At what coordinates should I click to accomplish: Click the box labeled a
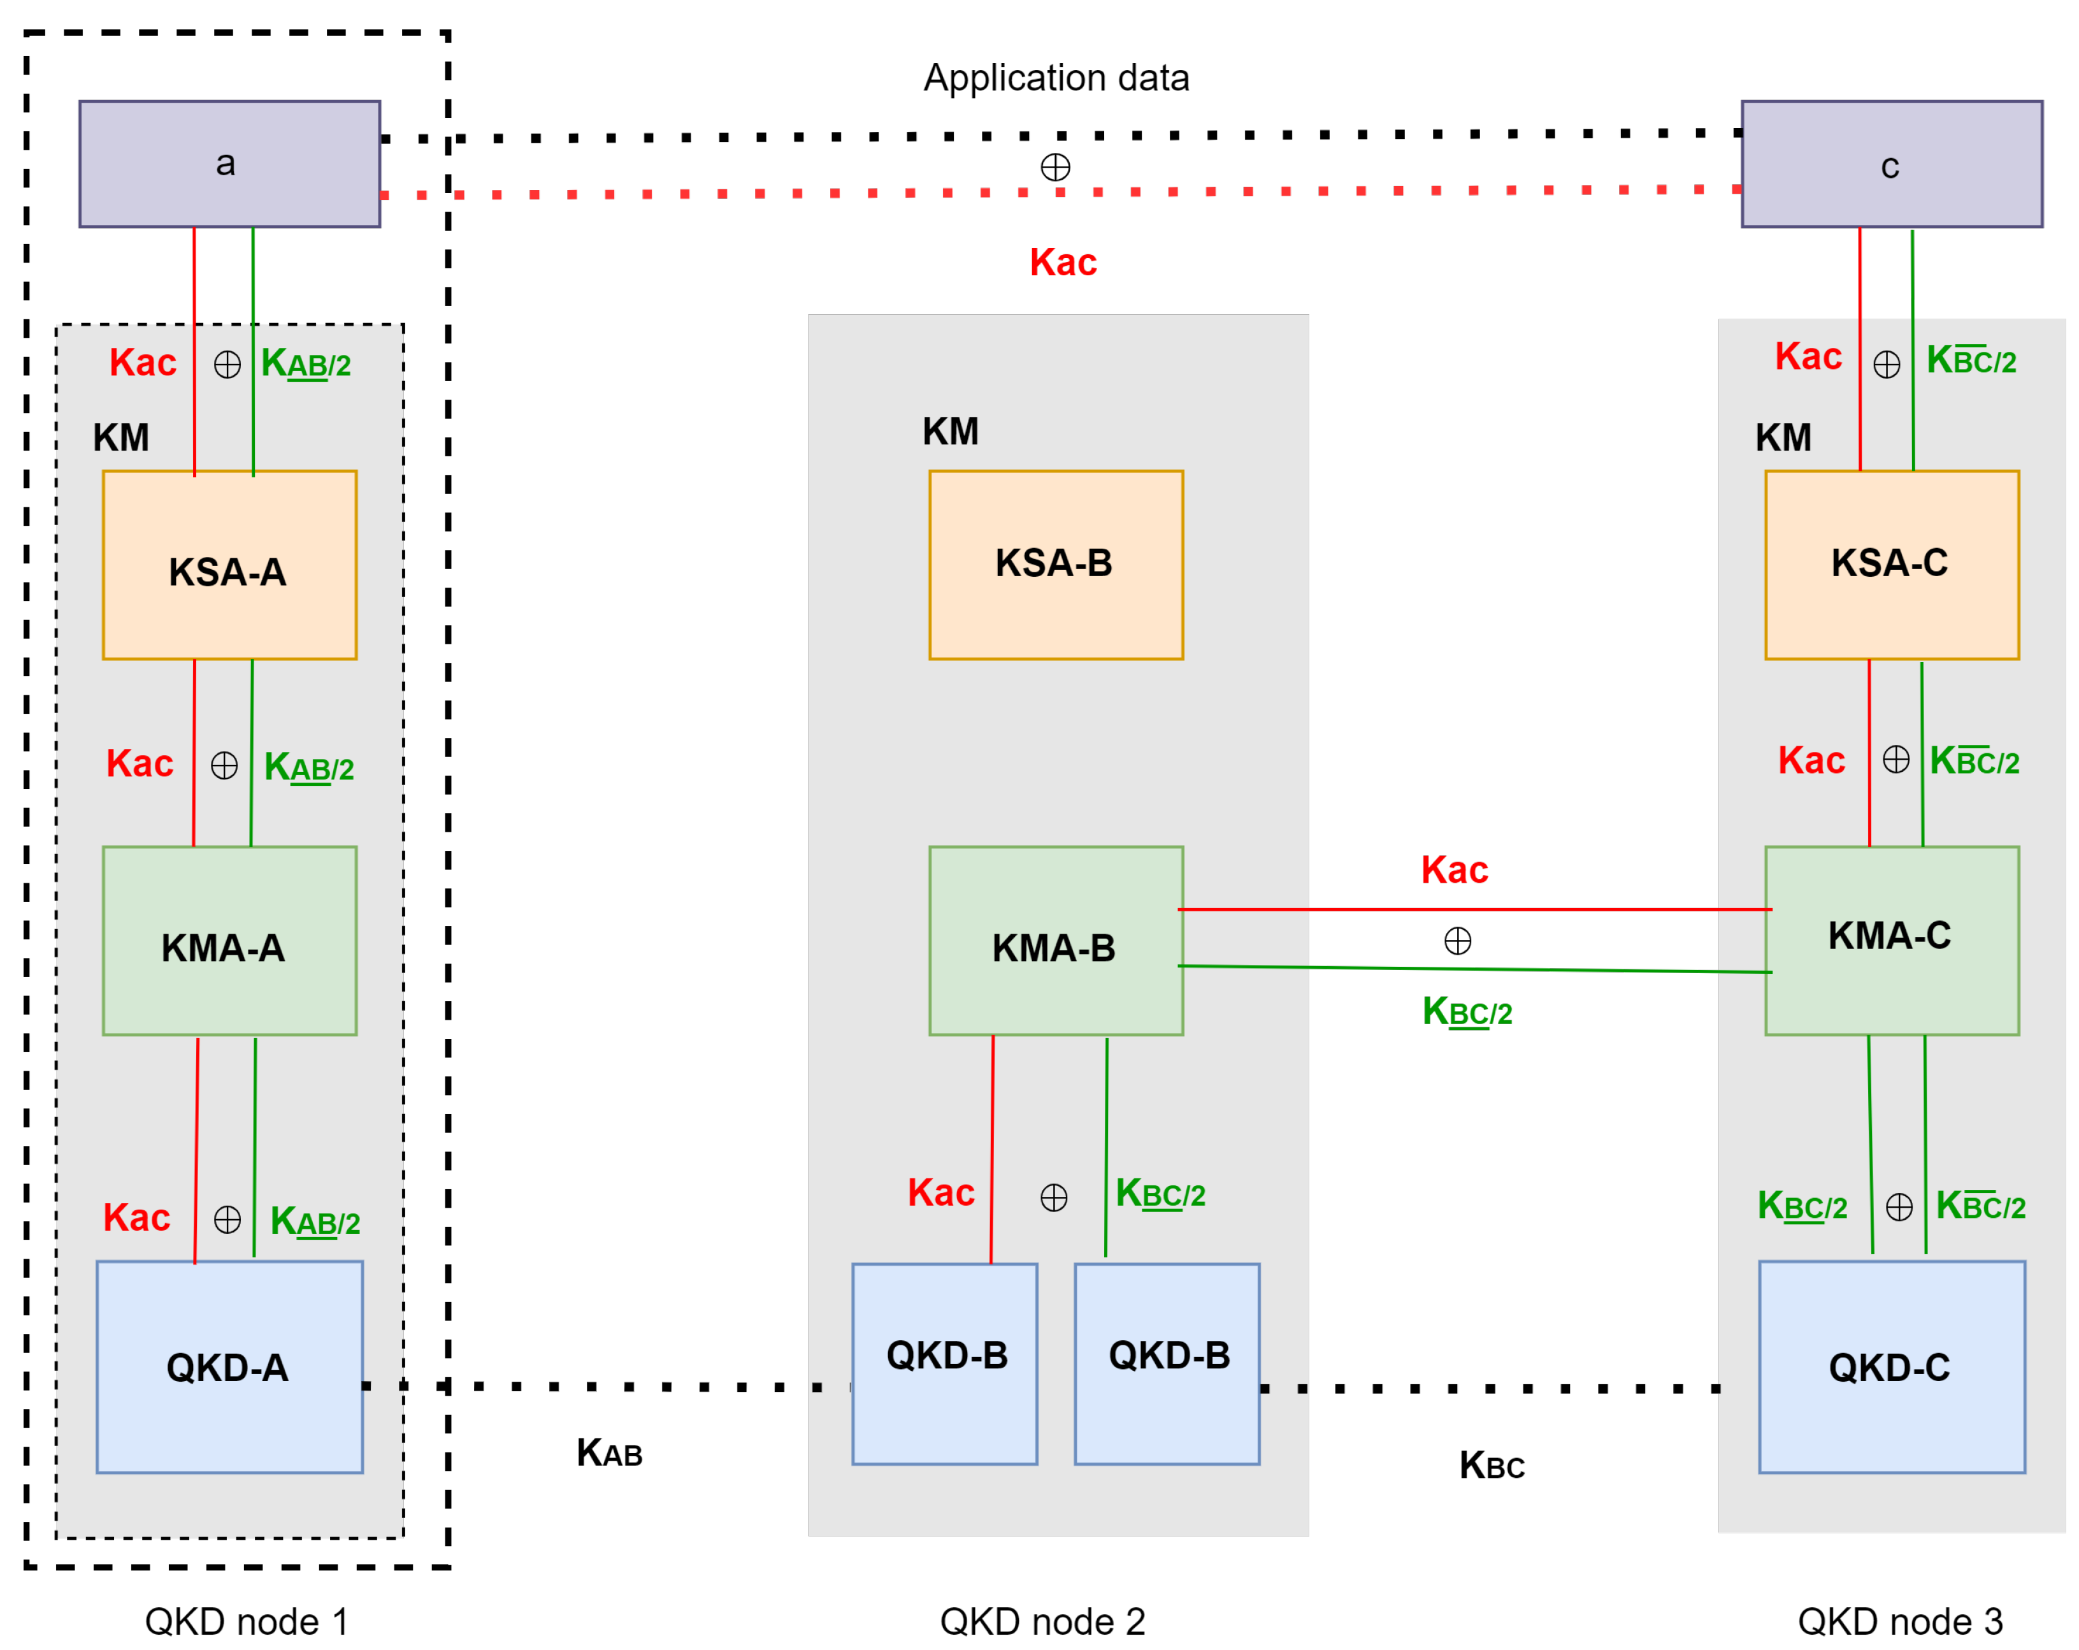click(229, 164)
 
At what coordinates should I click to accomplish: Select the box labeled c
click(1891, 164)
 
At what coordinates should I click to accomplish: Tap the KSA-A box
click(229, 565)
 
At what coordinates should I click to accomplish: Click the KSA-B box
click(1056, 565)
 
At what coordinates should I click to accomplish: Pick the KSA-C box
click(1891, 565)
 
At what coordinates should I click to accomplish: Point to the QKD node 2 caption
click(1042, 1621)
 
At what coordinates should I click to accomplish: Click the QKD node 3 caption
click(1899, 1621)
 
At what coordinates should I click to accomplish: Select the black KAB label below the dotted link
click(610, 1452)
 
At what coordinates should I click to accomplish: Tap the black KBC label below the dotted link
click(1491, 1465)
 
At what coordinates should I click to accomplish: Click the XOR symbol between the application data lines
click(1055, 167)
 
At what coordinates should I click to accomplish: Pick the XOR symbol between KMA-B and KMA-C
click(1457, 940)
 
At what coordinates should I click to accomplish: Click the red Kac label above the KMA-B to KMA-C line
click(1454, 870)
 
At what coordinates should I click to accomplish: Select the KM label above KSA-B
click(950, 431)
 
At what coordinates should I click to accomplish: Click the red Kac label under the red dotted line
click(1063, 263)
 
